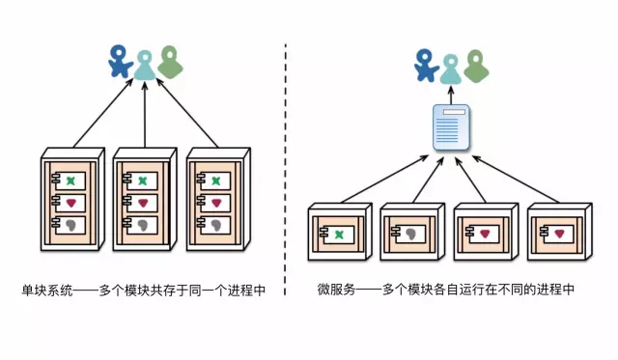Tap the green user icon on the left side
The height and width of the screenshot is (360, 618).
(170, 61)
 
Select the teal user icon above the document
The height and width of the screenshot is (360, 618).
(450, 66)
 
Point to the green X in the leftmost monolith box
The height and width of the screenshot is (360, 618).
(69, 180)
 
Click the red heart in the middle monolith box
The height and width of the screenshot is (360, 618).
(142, 203)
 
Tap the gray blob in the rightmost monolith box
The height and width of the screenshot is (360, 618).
(214, 225)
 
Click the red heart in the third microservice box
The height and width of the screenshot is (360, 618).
(485, 234)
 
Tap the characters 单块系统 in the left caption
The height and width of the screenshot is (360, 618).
(44, 290)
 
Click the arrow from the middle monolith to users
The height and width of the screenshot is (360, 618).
(144, 116)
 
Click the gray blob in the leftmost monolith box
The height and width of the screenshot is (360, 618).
(69, 225)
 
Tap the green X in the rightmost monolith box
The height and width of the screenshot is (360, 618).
(214, 180)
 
